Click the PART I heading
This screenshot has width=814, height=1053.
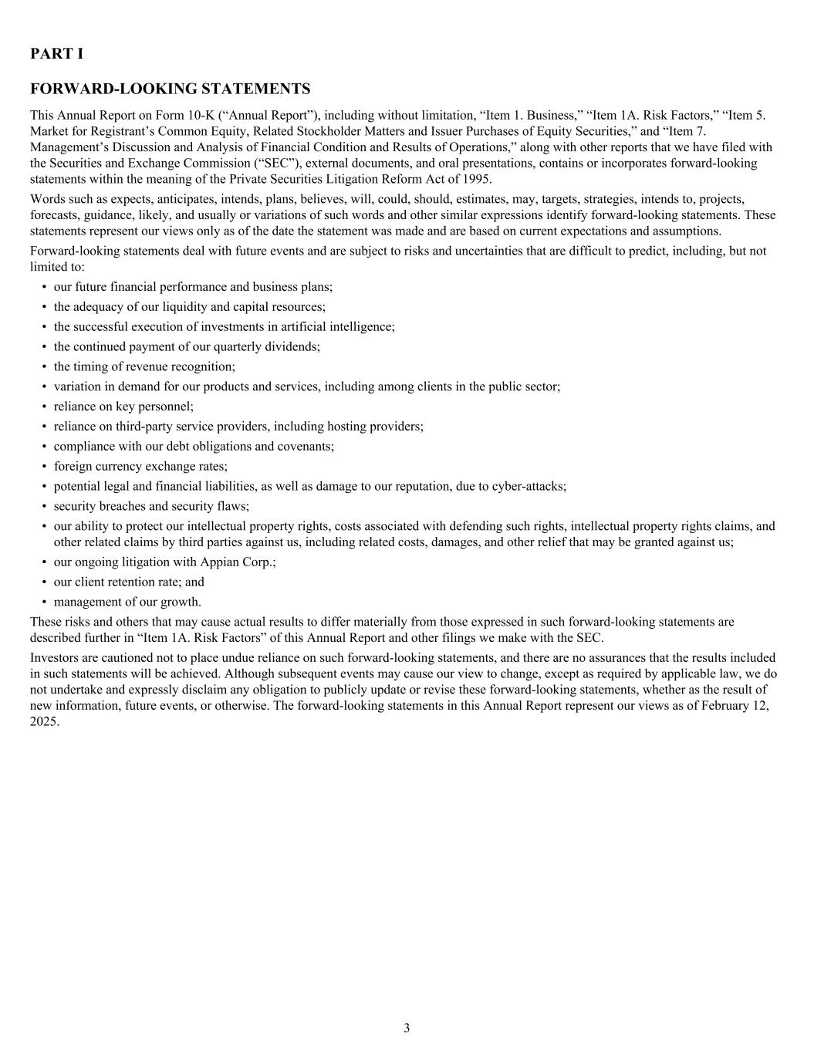click(56, 54)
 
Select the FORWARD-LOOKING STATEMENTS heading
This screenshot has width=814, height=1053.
click(170, 89)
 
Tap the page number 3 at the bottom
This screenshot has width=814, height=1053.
click(407, 1028)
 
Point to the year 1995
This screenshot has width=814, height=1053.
click(475, 179)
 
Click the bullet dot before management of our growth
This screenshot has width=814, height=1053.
click(44, 602)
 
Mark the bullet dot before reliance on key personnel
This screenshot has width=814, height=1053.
click(44, 407)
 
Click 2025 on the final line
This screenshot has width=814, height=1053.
click(43, 722)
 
